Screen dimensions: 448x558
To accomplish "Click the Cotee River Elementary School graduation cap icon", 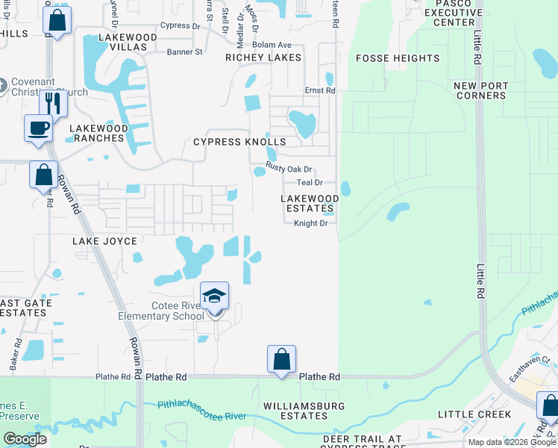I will (214, 296).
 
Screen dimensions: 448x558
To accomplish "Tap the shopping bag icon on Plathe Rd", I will (282, 359).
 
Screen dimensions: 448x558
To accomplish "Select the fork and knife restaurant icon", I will (53, 102).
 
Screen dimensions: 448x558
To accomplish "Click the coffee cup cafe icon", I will (39, 128).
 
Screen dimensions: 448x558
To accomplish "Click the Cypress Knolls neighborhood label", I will (239, 142).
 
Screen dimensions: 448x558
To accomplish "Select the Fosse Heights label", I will (398, 58).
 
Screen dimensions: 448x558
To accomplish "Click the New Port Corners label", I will (480, 90).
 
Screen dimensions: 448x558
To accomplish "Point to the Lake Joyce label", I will (104, 241).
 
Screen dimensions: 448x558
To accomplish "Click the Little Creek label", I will (474, 414).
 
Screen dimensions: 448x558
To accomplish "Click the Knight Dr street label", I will (311, 223).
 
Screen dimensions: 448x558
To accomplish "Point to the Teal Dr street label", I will (310, 182).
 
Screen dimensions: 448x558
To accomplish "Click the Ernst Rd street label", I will (320, 90).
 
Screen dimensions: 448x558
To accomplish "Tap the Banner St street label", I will (184, 52).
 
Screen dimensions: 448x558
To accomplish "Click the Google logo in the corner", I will (25, 439).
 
